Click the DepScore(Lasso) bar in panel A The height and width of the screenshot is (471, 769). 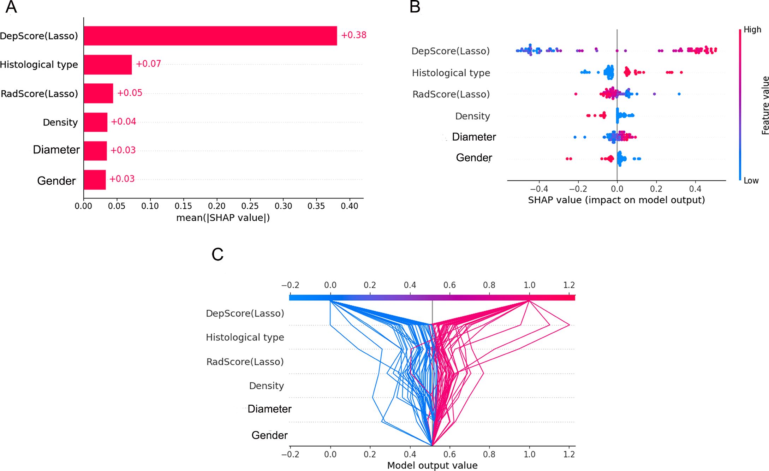tap(210, 36)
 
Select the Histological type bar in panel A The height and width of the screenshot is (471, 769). tap(108, 65)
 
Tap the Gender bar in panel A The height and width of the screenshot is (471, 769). tap(95, 180)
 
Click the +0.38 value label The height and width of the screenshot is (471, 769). tap(353, 35)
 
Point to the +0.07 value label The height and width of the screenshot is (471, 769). tap(148, 64)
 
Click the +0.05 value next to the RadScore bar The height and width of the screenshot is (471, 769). tap(130, 93)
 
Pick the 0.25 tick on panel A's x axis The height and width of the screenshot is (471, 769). tap(250, 206)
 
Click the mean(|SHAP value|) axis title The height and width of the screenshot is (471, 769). tap(223, 218)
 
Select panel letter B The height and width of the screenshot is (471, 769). tap(415, 7)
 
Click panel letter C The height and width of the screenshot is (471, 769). tap(217, 254)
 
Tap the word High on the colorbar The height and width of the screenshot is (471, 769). tap(752, 30)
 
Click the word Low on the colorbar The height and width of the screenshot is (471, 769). tap(751, 181)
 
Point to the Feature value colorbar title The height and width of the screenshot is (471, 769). tap(765, 105)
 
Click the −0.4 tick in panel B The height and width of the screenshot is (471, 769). tap(539, 189)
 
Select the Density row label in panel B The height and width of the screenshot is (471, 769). tap(472, 116)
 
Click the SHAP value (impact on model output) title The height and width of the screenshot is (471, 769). tap(616, 200)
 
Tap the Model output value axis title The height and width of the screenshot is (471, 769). tap(432, 465)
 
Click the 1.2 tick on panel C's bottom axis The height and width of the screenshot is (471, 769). tap(569, 454)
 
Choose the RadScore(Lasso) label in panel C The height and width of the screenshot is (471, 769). tap(245, 362)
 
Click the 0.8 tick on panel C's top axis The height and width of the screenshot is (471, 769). tap(489, 285)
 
